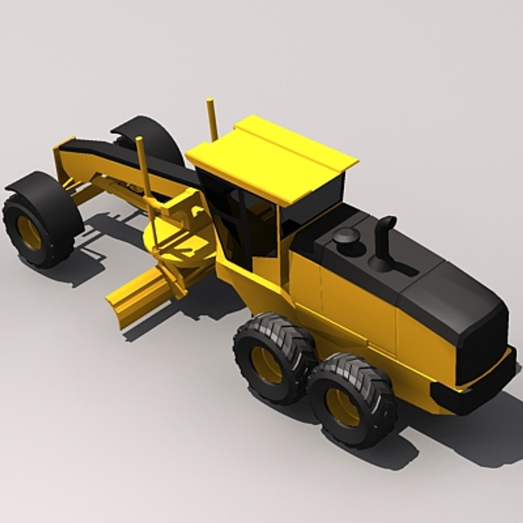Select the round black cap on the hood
pos(346,236)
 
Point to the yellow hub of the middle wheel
pos(266,364)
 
